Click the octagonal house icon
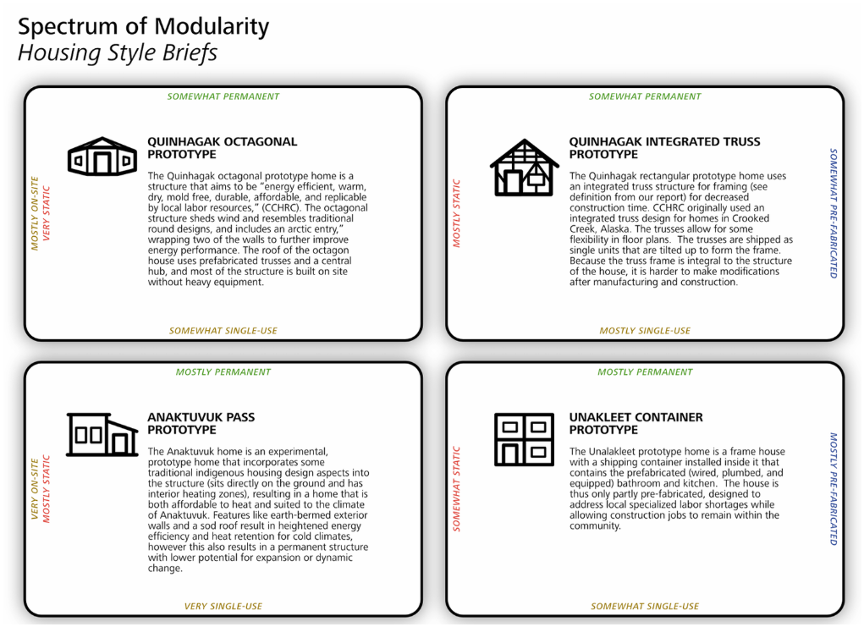click(x=102, y=157)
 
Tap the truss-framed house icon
click(x=524, y=168)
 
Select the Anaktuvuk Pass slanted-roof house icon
click(x=102, y=434)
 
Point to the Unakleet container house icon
click(x=524, y=439)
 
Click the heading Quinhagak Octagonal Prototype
click(x=222, y=148)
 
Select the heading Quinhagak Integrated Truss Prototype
click(x=664, y=148)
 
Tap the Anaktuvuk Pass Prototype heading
click(x=201, y=423)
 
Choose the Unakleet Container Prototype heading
click(x=636, y=423)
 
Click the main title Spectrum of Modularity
click(x=143, y=27)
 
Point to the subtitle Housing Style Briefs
click(x=118, y=53)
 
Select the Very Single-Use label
click(x=223, y=606)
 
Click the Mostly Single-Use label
click(x=645, y=331)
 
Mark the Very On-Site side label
click(x=35, y=489)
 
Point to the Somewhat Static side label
click(x=457, y=489)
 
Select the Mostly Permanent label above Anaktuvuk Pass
click(x=223, y=372)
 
